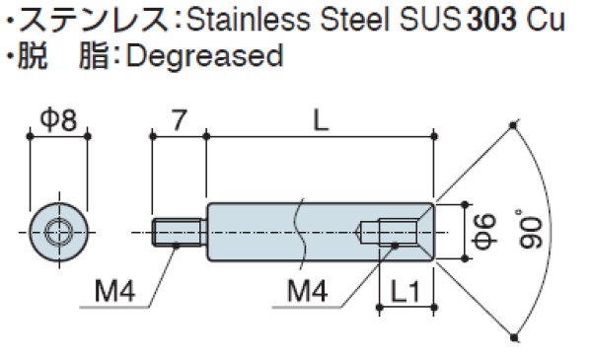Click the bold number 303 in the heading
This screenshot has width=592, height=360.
click(498, 21)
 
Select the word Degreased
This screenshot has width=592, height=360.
click(204, 55)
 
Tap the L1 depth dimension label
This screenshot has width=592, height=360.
click(407, 293)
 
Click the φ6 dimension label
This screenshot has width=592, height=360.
click(483, 233)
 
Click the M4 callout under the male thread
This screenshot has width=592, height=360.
click(115, 291)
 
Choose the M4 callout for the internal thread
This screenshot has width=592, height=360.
click(309, 291)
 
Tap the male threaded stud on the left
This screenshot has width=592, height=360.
click(179, 233)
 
